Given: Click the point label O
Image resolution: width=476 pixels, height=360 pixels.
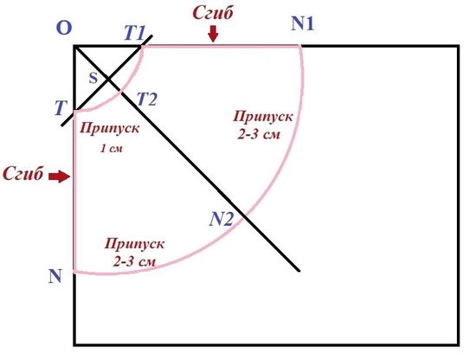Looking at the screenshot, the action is click(64, 28).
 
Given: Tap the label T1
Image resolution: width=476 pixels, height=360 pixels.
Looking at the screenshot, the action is click(135, 33).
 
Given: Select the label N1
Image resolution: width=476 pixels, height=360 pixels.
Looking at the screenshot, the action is click(302, 23).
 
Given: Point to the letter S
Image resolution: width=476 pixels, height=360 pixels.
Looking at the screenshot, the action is click(93, 78).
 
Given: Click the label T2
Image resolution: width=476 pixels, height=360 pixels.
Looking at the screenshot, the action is click(146, 99).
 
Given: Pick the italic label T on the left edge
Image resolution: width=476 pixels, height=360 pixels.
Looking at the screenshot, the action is click(61, 108).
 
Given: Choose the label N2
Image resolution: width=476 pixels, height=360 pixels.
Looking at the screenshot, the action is click(222, 219).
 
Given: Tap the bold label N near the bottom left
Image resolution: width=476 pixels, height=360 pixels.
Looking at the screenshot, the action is click(55, 276).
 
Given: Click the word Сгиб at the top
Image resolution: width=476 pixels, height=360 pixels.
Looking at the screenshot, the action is click(213, 13).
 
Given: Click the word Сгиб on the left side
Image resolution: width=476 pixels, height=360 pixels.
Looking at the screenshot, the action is click(23, 174).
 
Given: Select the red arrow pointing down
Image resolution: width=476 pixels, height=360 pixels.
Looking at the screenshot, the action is click(214, 34).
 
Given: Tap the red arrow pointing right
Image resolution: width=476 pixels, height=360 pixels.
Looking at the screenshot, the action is click(60, 176).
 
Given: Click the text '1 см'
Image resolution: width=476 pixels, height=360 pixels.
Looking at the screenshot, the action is click(111, 149).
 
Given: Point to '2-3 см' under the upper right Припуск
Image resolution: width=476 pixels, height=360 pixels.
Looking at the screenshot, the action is click(259, 134).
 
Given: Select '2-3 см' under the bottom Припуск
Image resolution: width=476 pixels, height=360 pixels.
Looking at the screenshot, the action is click(134, 261).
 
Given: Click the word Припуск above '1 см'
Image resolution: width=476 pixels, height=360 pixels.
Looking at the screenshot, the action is click(110, 128).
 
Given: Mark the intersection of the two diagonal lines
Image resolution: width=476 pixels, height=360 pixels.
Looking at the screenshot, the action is click(108, 80).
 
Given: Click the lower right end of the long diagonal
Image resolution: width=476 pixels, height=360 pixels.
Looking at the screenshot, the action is click(299, 271).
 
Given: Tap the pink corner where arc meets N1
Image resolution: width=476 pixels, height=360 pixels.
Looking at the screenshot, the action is click(300, 46).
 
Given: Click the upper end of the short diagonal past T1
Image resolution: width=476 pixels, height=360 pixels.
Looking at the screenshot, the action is click(151, 36).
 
